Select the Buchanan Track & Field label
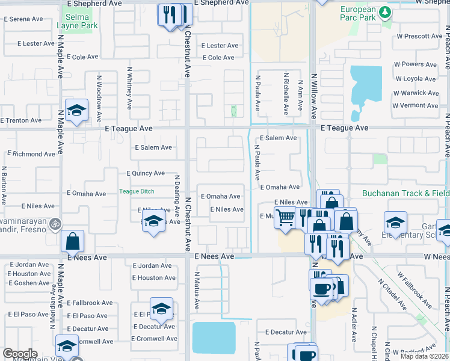pos(405,194)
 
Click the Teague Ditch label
pos(137,192)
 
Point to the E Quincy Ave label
pos(146,173)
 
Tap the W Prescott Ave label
pos(419,36)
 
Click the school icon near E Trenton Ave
pos(76,110)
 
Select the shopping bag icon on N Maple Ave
pos(72,241)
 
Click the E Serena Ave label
pos(23,19)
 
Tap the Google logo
pos(20,353)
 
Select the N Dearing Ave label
pos(177,195)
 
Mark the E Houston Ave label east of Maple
pos(155,278)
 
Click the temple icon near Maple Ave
pos(55,223)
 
